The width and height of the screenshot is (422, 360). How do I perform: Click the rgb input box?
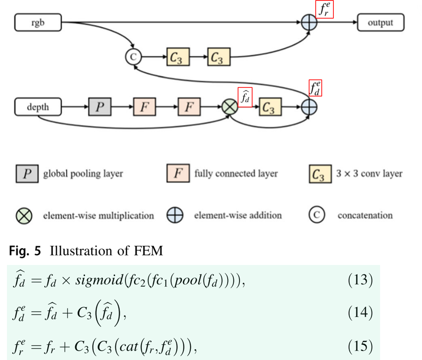[x=38, y=23]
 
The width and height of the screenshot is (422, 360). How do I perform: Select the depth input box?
[x=38, y=108]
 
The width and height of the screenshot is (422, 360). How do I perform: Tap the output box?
[x=380, y=23]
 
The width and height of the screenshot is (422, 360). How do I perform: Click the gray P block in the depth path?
[x=100, y=108]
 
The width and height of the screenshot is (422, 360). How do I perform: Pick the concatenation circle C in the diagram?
[x=133, y=57]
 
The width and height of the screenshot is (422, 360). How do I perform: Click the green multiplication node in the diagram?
[x=230, y=108]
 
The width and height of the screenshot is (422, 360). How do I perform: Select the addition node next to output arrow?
[x=309, y=23]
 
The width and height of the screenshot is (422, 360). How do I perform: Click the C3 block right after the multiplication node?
[x=270, y=108]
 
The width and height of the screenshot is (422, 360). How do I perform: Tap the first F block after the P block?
[x=145, y=108]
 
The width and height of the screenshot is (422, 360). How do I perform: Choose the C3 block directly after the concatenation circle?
[x=178, y=57]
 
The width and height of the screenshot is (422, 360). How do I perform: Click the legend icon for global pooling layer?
[x=27, y=174]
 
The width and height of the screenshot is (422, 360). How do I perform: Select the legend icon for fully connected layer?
[x=178, y=174]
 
